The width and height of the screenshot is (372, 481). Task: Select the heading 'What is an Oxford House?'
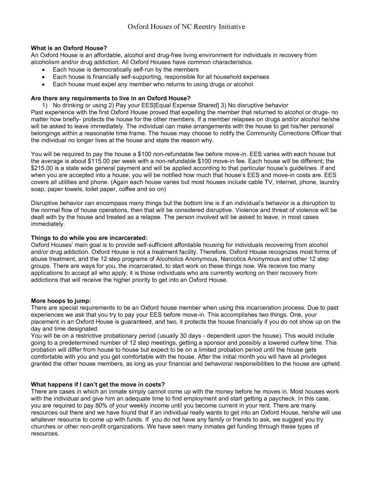pos(69,48)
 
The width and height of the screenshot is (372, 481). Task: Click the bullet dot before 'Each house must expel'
pos(44,84)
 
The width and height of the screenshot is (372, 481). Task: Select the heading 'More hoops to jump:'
pos(61,301)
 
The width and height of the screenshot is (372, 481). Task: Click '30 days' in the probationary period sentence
pos(199,336)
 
